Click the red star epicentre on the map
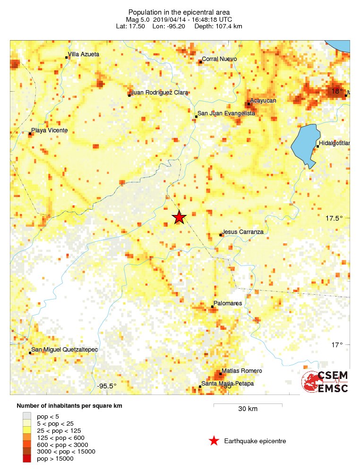point(179,217)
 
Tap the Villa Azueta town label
point(84,54)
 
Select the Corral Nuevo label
point(219,59)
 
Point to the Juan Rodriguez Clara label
point(160,93)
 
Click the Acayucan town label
point(263,101)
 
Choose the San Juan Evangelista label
point(226,113)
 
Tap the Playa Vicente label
point(49,130)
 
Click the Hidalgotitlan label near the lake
point(334,143)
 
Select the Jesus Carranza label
point(243,232)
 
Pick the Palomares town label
point(228,303)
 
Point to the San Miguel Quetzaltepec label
point(64,350)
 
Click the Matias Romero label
point(242,371)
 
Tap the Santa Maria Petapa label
point(228,384)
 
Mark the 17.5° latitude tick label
point(334,218)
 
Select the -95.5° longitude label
point(107,386)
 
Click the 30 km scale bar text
point(248,409)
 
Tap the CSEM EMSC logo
point(325,382)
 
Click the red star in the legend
point(214,441)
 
